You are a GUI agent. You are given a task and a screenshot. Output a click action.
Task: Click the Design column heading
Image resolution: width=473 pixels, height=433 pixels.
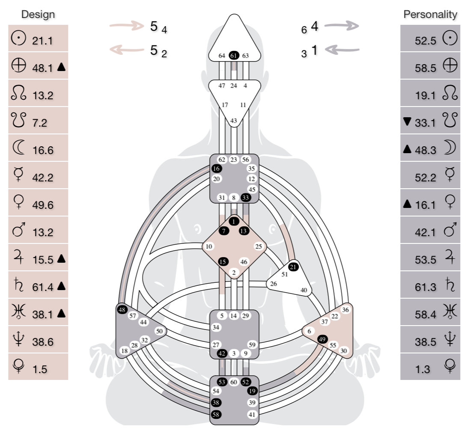coord(38,15)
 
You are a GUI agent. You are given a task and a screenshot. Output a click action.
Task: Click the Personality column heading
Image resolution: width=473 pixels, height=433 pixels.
coord(430,15)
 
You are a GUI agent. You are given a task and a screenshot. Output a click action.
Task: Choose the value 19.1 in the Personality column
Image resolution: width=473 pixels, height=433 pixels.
coord(425,95)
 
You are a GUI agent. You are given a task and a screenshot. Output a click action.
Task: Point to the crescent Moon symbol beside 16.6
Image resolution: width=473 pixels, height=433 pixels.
coord(19,148)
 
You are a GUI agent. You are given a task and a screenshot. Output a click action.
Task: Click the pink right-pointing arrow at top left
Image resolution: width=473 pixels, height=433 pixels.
coord(127,26)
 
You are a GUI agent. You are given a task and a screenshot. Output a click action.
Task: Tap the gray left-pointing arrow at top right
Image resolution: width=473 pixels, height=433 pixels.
coord(341,50)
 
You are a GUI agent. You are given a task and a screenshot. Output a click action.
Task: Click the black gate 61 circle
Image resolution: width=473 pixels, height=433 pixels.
coord(233,56)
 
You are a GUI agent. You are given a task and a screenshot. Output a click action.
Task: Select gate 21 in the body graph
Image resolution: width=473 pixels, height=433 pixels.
coord(293,267)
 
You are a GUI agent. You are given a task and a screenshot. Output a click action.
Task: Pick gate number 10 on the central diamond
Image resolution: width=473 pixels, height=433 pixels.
coord(209,246)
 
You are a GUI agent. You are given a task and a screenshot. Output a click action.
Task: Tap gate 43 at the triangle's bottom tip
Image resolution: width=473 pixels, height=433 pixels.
coord(233,121)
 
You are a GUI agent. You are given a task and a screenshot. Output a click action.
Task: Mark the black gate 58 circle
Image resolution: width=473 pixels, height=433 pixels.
coord(217,414)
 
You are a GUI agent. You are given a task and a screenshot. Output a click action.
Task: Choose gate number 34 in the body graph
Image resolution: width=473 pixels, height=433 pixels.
coord(217,328)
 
